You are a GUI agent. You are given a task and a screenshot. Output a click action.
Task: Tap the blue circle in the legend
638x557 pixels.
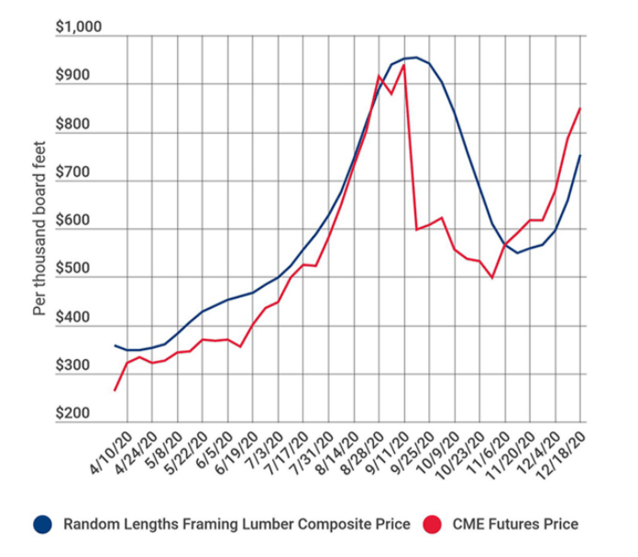[41, 524]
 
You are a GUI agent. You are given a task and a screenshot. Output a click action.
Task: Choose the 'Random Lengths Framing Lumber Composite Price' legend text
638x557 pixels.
[236, 524]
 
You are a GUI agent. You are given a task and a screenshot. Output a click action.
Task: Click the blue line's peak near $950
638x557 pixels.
[415, 58]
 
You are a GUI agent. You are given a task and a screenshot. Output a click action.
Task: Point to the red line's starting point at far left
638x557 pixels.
[115, 390]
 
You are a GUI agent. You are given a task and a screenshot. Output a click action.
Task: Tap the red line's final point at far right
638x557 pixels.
[580, 108]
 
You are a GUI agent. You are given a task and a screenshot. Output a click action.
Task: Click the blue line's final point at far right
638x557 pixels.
[580, 156]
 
